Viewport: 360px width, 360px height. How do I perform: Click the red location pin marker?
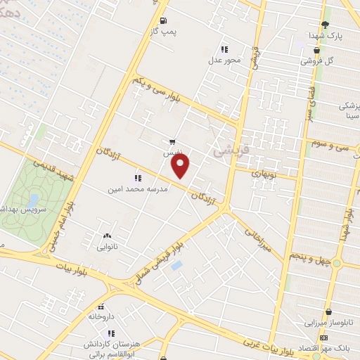181,166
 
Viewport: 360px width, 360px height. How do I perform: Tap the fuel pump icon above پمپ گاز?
164,20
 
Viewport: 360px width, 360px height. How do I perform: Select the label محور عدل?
224,60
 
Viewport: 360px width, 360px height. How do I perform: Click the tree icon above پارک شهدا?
324,24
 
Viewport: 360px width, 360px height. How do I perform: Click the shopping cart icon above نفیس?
173,141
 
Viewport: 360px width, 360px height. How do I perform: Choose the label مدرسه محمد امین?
136,189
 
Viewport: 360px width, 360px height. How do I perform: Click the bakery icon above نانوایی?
106,237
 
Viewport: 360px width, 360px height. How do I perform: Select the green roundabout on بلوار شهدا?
337,264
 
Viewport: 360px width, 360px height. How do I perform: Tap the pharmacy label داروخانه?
101,317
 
